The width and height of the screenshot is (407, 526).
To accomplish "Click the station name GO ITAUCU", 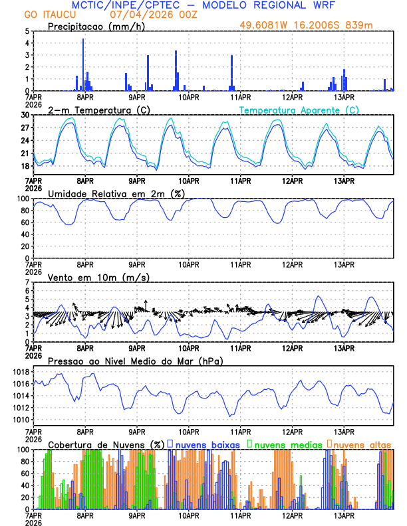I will coord(49,15).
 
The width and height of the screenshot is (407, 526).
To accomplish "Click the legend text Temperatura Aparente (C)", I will coord(299,110).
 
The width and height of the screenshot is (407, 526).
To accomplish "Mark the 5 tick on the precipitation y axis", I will coord(26,31).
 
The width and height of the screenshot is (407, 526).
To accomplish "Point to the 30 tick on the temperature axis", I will coord(25,115).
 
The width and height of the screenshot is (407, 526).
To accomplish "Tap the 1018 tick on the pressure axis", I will coord(21,371).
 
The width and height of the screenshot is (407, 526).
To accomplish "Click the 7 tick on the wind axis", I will coord(27,282).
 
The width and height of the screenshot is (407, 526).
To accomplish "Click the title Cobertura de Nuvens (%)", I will coord(106,444).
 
